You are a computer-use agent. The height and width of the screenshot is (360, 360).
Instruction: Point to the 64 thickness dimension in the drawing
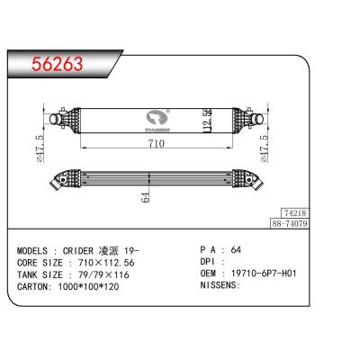[x=145, y=197]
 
